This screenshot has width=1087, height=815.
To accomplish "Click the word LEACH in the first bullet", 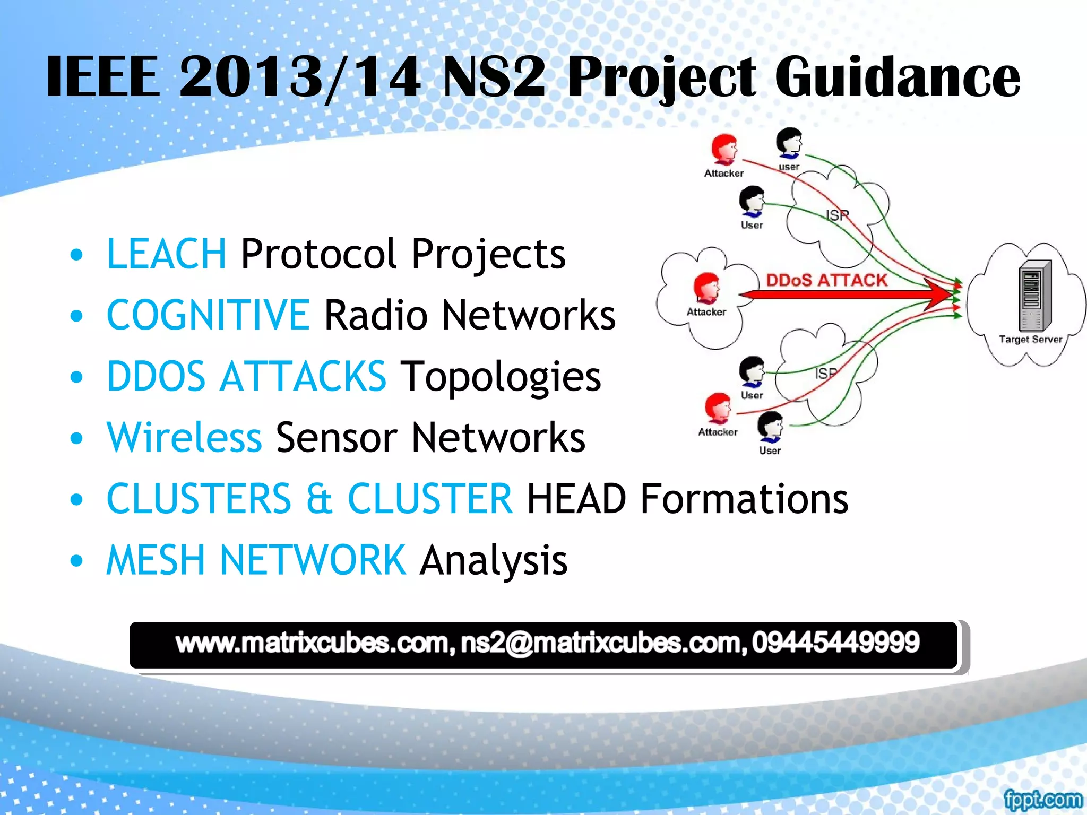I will click(x=166, y=254).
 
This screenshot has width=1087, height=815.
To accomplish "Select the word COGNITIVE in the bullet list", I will click(x=208, y=315).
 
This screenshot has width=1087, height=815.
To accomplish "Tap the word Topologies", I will click(x=501, y=377).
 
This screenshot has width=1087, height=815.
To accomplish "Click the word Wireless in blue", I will click(x=184, y=438).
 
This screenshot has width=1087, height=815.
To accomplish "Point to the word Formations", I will click(x=744, y=499).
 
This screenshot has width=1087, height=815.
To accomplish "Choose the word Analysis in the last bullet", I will click(x=493, y=560).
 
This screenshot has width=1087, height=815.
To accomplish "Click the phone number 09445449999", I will click(x=835, y=643).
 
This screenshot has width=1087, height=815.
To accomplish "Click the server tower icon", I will click(x=1034, y=296).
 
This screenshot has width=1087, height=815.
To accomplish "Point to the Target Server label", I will click(x=1030, y=339).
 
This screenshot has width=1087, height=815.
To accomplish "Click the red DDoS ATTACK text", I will click(x=826, y=280).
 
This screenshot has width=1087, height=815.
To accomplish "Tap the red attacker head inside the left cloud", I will click(x=706, y=288).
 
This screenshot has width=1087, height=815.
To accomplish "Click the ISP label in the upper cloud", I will click(x=838, y=215).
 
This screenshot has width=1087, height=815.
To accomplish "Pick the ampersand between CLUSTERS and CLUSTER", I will click(x=319, y=499).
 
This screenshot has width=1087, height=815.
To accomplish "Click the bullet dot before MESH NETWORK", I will click(x=77, y=561).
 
